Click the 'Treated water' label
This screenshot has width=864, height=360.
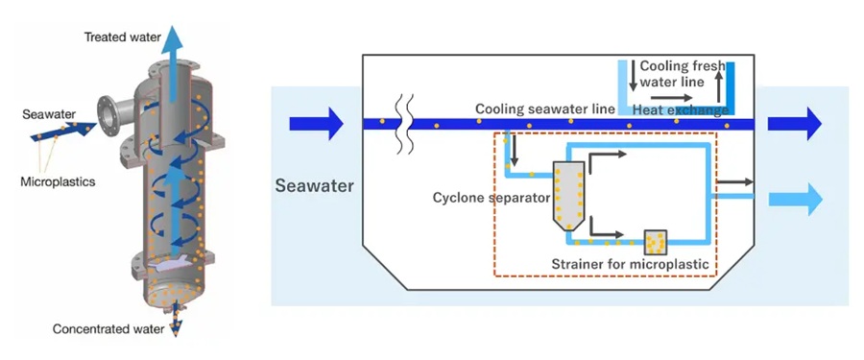[x=122, y=37]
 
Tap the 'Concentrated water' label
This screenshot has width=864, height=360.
[x=108, y=329]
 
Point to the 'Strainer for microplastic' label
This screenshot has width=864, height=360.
[x=630, y=264]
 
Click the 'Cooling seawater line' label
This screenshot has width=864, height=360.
[x=545, y=109]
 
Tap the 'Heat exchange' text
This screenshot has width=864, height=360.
[x=681, y=110]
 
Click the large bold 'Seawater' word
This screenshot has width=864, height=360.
[x=315, y=186]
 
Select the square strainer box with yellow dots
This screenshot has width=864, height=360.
[x=656, y=243]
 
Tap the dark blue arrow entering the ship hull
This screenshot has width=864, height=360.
[x=316, y=124]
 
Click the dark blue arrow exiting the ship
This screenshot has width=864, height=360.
[x=795, y=124]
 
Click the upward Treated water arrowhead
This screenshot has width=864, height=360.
[x=176, y=38]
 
